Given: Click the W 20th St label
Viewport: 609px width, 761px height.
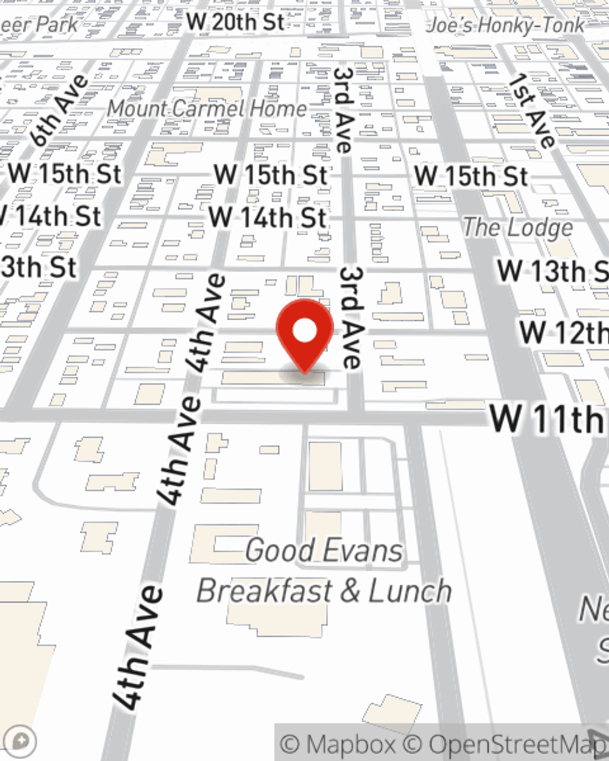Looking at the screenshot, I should point(236,23).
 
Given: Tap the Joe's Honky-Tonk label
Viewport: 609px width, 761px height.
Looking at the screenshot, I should point(506,26).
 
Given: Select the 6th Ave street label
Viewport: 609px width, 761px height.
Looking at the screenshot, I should point(60,111).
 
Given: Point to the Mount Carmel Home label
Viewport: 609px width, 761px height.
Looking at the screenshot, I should point(207,109).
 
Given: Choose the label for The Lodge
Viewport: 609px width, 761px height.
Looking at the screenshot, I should point(518,228).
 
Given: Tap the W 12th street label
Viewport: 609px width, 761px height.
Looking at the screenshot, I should point(563,332).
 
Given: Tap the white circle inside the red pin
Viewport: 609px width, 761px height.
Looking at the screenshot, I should point(304,331).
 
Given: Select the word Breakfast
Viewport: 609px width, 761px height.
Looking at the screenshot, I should point(264,591).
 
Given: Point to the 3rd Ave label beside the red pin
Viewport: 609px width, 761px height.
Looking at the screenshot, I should point(351,317).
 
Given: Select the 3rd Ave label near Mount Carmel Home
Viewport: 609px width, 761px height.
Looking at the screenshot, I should point(343,110).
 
